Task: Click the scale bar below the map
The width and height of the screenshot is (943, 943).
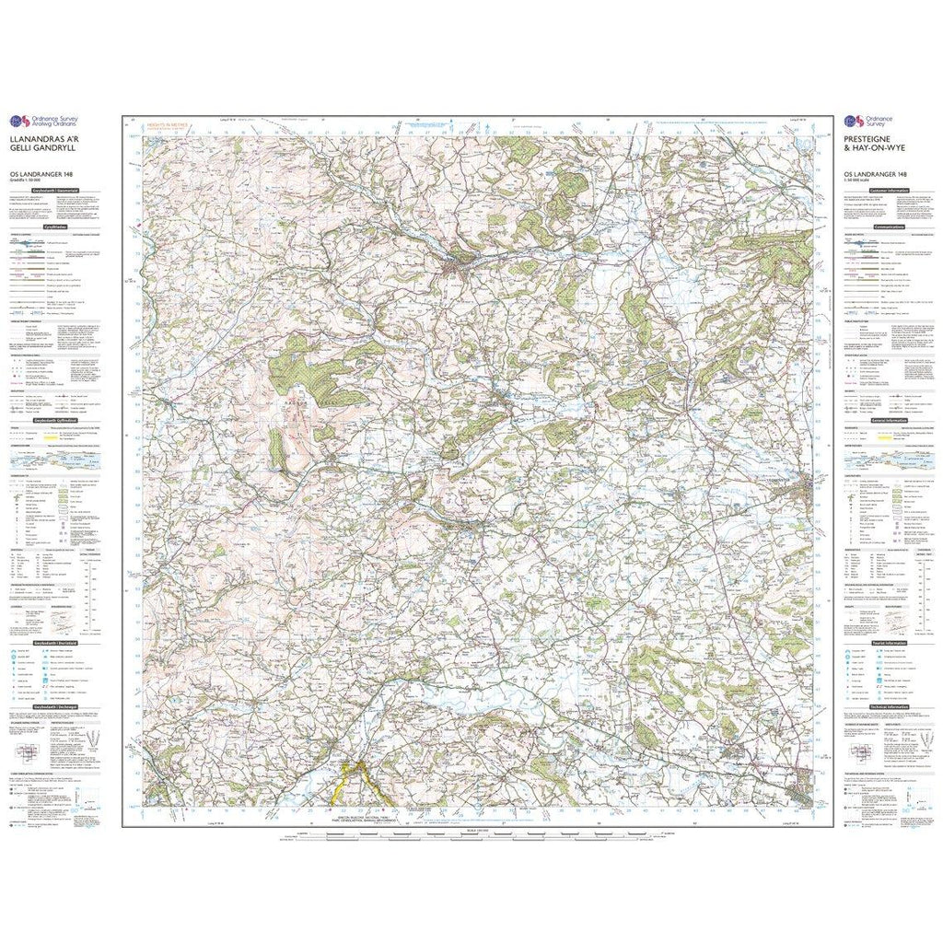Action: click(470, 834)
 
